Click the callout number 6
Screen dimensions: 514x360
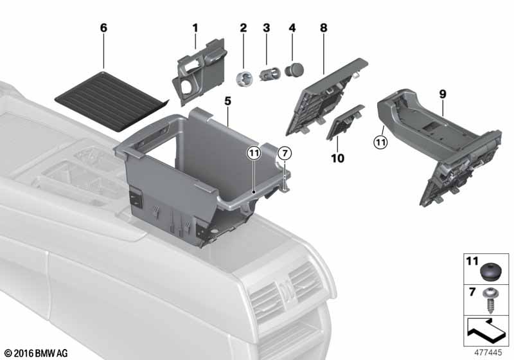[x=103, y=28]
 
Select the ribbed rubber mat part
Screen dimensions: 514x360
[x=111, y=101]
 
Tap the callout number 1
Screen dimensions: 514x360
[x=195, y=28]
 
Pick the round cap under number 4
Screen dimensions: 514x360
[x=294, y=70]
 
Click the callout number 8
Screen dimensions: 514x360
[x=324, y=28]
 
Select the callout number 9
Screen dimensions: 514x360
[x=443, y=94]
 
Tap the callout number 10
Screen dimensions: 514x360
[x=338, y=158]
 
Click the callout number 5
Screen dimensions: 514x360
[x=228, y=102]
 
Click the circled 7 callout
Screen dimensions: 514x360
[x=285, y=153]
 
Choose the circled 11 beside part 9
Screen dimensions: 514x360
[x=380, y=142]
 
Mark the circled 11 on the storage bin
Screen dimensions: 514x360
[x=254, y=153]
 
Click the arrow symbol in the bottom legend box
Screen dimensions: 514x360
[x=485, y=330]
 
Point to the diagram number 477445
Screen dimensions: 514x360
[x=488, y=352]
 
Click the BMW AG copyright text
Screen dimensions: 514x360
[x=37, y=353]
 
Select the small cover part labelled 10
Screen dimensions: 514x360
[x=344, y=122]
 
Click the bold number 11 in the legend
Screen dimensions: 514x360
[x=472, y=261]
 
